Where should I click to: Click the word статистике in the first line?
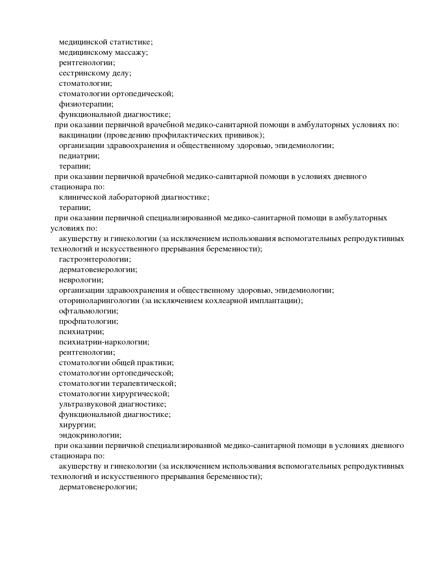131,42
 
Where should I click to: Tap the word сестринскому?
84,73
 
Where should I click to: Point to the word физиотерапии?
86,104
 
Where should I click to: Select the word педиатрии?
79,156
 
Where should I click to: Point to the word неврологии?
81,280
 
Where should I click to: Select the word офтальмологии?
88,311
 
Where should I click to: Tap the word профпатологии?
88,321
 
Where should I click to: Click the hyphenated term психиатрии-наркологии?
104,342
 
